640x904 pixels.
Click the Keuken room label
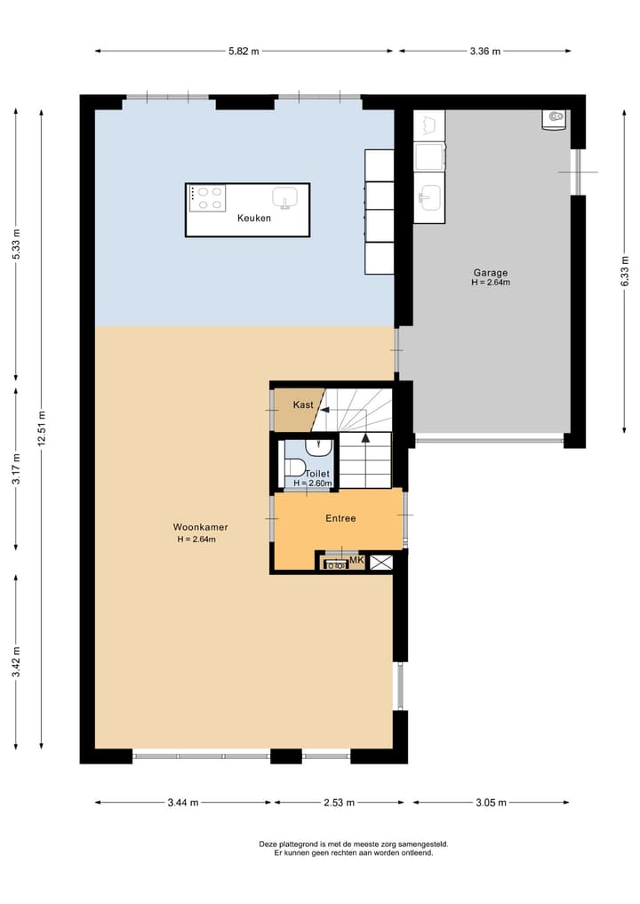(253, 218)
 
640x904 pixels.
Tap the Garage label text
(490, 273)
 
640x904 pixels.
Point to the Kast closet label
(303, 404)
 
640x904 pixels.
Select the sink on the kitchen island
(285, 196)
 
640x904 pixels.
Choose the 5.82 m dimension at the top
(243, 51)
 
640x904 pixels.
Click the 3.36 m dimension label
(484, 51)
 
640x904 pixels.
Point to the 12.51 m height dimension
(42, 427)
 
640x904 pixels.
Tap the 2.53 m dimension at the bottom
(339, 803)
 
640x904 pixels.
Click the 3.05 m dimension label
(489, 803)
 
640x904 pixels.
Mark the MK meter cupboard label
(356, 561)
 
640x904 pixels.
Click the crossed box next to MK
(381, 562)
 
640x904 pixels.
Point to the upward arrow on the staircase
(365, 437)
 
